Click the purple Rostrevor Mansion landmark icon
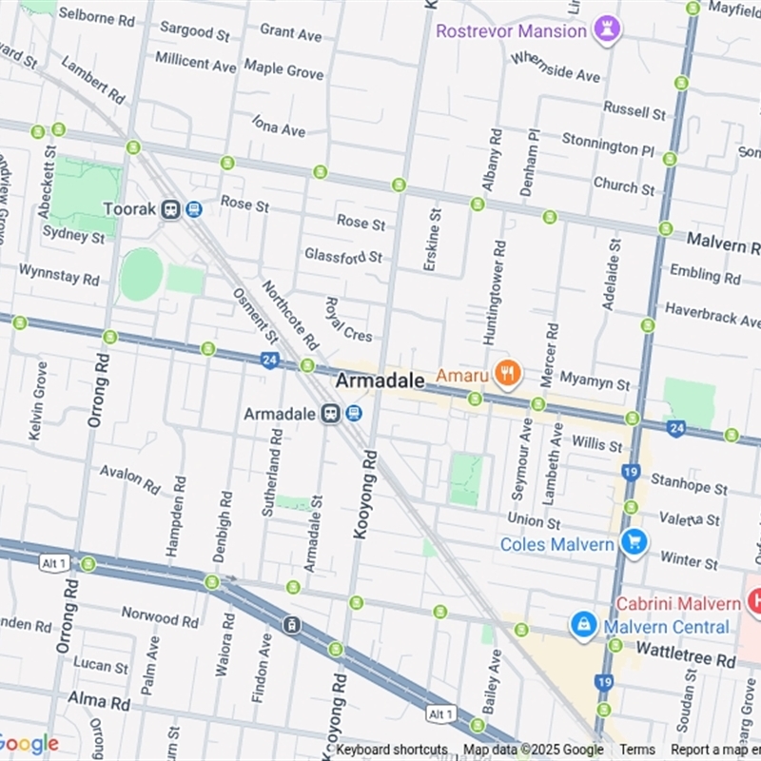[606, 29]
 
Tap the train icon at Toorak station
[171, 209]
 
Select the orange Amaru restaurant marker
[507, 374]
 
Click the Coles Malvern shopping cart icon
[634, 543]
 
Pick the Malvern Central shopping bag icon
[582, 626]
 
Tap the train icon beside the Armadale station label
[331, 414]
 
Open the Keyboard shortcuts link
[391, 750]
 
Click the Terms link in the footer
[637, 750]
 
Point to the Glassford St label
[343, 256]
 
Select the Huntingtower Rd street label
[492, 292]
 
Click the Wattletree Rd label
[685, 659]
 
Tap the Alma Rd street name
[98, 702]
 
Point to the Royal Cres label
[348, 320]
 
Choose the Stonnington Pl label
[608, 146]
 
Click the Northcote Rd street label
[289, 315]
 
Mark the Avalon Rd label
[130, 478]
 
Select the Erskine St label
[431, 240]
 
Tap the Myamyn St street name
[594, 382]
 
